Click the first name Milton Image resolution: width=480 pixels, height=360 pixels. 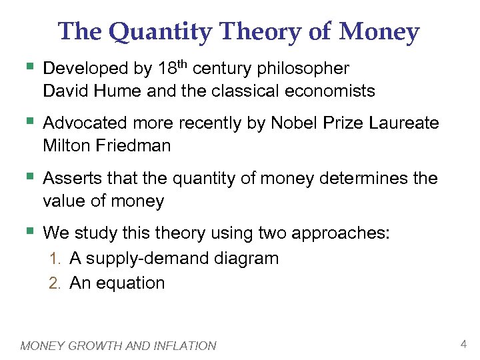pyautogui.click(x=65, y=145)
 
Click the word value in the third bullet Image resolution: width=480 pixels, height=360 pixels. pyautogui.click(x=65, y=201)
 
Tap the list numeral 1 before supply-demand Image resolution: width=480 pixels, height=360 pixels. pyautogui.click(x=54, y=259)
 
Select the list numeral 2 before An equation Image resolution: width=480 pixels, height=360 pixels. pyautogui.click(x=54, y=283)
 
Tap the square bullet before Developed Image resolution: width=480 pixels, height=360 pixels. pyautogui.click(x=28, y=67)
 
